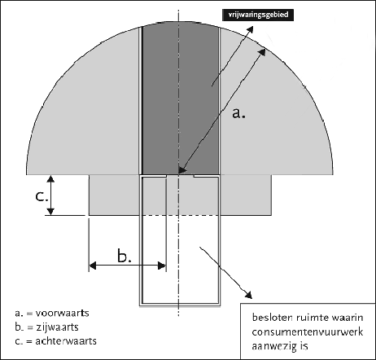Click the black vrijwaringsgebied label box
258,15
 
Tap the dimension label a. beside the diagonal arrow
238,112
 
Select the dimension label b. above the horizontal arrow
125,255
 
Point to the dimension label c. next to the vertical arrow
42,195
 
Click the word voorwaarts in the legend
63,313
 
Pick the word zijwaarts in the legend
57,327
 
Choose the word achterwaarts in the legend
66,340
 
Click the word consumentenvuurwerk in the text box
308,332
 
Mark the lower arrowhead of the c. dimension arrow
50,212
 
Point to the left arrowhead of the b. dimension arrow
93,266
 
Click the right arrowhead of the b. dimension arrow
162,266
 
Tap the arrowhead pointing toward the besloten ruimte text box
248,295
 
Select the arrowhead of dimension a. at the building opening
182,169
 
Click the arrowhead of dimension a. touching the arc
262,52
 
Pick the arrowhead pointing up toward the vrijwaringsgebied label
250,30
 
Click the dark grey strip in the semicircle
181,99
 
